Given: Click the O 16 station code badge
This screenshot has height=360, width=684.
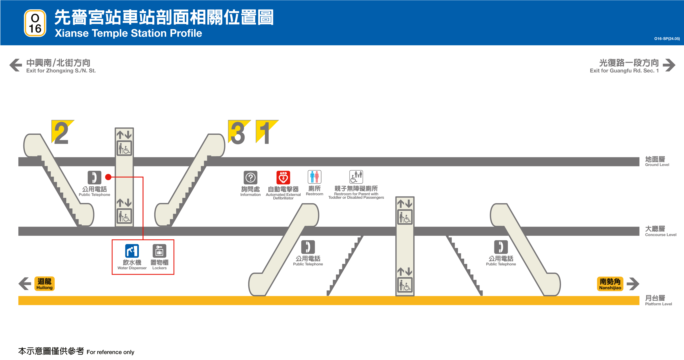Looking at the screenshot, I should coord(35,23).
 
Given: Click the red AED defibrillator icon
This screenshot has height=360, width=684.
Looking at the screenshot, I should coord(283,177).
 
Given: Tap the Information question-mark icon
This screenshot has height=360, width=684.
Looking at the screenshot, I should coord(250,177).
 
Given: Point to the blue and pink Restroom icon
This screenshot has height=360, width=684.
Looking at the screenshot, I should coord(314,177).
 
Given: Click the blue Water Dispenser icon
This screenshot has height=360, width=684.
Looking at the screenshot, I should coord(132,251).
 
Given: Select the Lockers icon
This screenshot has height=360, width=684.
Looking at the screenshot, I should coord(159,251).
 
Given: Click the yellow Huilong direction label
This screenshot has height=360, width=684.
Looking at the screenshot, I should coord(44,284).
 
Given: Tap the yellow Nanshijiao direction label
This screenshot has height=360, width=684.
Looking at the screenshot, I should coord(610,284).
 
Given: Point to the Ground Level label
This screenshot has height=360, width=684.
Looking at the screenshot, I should coord(657,161).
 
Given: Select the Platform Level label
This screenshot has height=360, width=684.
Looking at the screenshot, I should coord(658,300).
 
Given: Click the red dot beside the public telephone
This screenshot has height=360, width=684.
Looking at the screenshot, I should coord(108,177).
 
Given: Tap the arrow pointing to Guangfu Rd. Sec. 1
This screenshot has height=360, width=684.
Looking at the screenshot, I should coord(669,65).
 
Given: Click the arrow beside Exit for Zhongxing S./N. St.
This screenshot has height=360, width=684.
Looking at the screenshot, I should coord(16,65).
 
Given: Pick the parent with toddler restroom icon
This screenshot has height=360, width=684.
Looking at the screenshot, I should coord(356,177).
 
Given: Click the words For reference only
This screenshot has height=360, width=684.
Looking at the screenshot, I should coord(110,352).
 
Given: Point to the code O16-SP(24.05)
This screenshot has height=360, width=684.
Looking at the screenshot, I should coord(667,39).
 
